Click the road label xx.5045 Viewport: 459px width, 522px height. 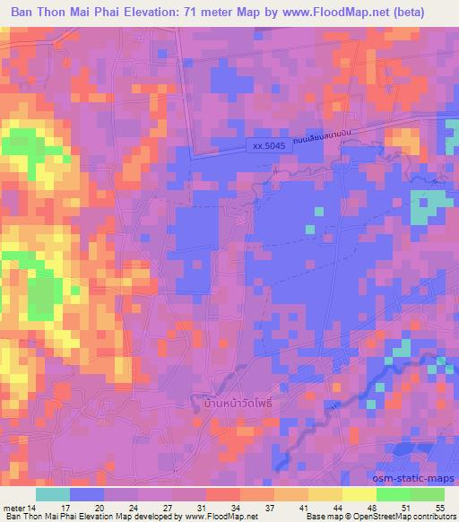(x=270, y=145)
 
